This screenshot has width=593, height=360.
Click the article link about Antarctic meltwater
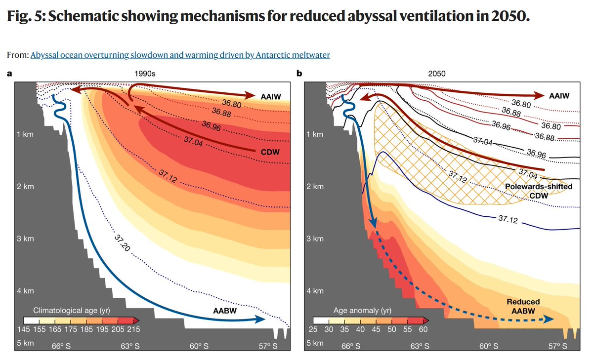(x=180, y=55)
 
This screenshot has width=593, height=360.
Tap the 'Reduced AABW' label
(x=523, y=306)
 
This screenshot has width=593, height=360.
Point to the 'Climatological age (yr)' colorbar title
(x=71, y=311)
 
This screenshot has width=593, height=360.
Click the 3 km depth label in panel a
(x=25, y=239)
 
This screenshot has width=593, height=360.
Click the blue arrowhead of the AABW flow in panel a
(x=259, y=320)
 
